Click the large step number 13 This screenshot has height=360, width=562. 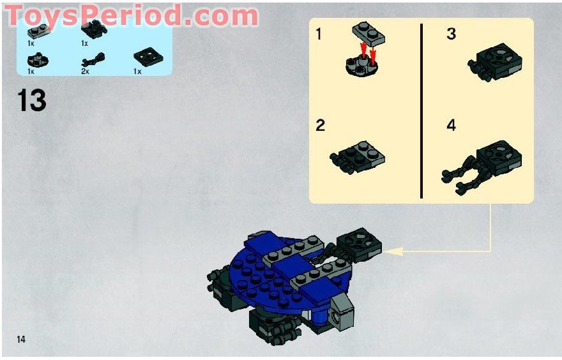pos(31,101)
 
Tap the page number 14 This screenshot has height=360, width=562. pos(21,339)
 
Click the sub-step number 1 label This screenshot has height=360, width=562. pos(318,34)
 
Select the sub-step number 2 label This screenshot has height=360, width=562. pos(320,125)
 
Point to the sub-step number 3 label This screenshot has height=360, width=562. pos(452,34)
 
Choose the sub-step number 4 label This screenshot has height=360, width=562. pos(452,125)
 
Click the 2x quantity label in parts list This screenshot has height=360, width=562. pos(85,71)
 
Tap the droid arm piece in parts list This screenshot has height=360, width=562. pos(93,59)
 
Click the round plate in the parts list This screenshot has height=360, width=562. pos(38,61)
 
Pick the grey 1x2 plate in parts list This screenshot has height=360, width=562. pos(39,31)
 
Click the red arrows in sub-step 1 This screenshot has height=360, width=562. pos(368,52)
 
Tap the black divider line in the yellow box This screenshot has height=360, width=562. pos(421,110)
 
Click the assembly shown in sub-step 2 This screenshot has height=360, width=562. pos(357,157)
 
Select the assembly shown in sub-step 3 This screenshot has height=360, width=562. pos(494,63)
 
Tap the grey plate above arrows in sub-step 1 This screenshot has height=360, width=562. pos(368,33)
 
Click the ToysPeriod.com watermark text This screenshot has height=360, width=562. pos(131,15)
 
